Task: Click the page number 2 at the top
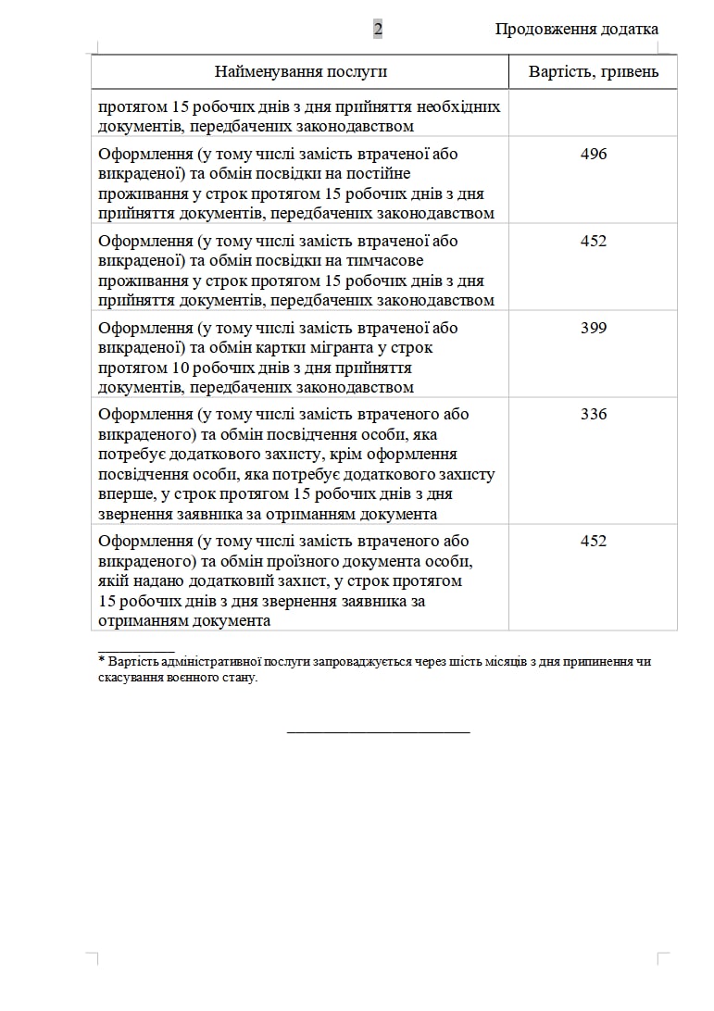tap(378, 30)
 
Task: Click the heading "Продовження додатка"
tap(576, 30)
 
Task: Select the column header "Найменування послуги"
tap(301, 71)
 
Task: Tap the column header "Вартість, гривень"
tap(594, 71)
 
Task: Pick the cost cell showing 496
tap(594, 154)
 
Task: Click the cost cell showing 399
tap(594, 328)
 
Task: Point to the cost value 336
tap(594, 414)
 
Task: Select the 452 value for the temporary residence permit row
tap(594, 241)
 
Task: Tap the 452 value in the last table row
tap(594, 541)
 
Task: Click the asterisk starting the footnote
tap(101, 661)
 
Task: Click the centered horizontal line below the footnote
tap(378, 732)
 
